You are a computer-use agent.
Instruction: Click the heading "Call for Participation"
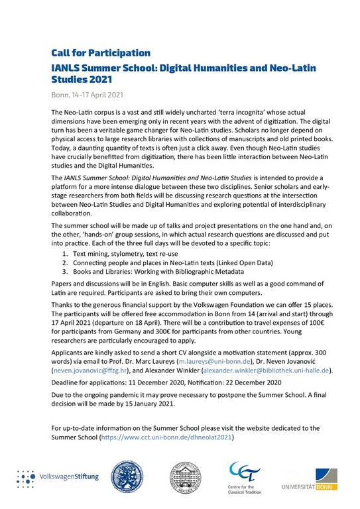tap(101, 52)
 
